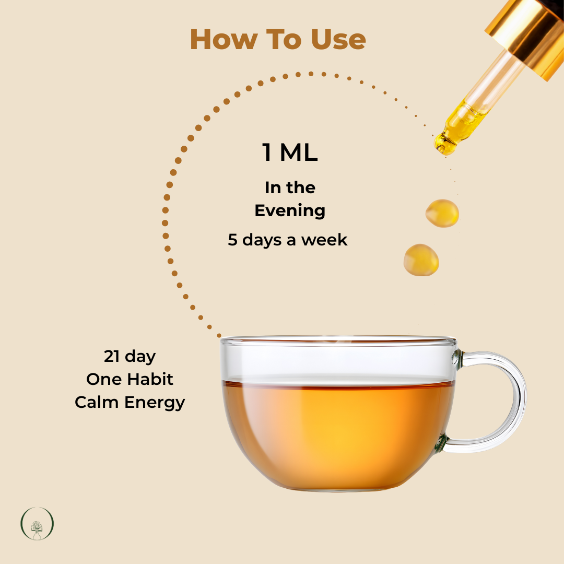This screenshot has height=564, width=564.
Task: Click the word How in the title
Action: [224, 39]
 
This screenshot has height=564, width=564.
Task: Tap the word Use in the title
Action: [338, 39]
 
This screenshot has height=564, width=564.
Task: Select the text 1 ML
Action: [290, 152]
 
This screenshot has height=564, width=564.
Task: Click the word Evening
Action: [290, 211]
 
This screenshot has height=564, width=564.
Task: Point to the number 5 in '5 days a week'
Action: [232, 240]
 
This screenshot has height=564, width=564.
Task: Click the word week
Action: [324, 240]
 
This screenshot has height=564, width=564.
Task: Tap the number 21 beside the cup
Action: [112, 357]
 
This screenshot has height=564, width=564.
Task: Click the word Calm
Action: [97, 402]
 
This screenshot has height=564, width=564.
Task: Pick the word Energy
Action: [155, 403]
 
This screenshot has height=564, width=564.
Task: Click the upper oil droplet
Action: [442, 213]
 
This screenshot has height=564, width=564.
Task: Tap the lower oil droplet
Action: [421, 260]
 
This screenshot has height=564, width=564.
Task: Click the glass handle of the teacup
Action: [518, 399]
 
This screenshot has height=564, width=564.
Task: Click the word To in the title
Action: [284, 39]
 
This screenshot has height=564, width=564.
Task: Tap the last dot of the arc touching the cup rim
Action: [219, 336]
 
